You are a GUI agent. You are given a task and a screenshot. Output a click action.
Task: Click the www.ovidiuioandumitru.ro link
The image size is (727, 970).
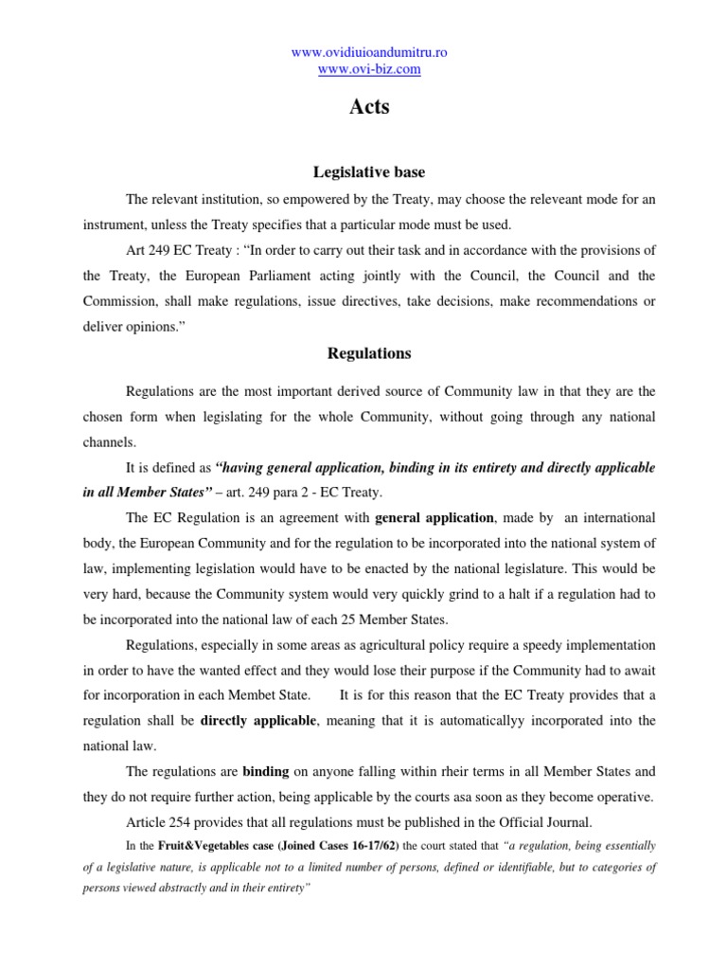(x=369, y=52)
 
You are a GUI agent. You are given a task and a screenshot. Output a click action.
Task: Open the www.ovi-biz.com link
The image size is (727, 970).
(x=369, y=69)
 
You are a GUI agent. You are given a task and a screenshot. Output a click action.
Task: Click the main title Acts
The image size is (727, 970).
(x=369, y=107)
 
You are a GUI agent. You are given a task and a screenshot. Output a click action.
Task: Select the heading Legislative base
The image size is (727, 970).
(x=369, y=172)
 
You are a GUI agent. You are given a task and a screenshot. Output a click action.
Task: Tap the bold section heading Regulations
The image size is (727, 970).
(x=369, y=353)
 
